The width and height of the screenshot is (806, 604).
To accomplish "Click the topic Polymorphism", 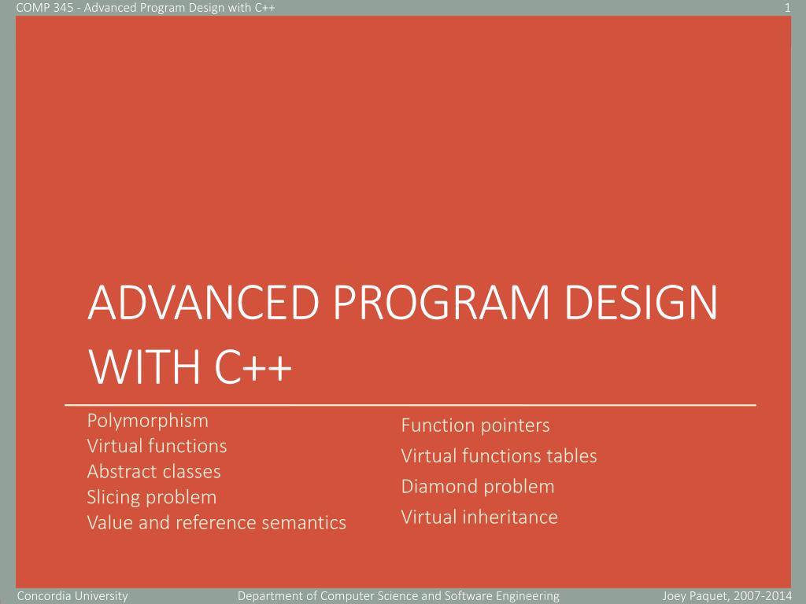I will [x=147, y=420].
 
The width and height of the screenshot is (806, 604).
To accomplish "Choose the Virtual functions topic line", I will [x=157, y=446].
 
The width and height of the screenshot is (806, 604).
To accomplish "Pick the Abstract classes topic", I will [x=153, y=472].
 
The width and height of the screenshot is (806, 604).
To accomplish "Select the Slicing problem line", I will [x=151, y=497].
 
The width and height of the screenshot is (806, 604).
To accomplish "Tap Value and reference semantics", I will [x=216, y=522].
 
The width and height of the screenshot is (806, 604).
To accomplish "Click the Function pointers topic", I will [x=475, y=425].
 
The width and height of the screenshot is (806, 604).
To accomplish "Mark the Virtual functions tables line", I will [x=499, y=456].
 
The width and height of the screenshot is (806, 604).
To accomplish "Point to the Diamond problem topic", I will [x=478, y=487].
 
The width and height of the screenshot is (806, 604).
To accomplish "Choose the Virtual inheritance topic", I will [x=479, y=517].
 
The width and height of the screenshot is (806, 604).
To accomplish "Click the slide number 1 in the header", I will [x=787, y=8].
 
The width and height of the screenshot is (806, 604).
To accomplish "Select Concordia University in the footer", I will [x=72, y=596].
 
